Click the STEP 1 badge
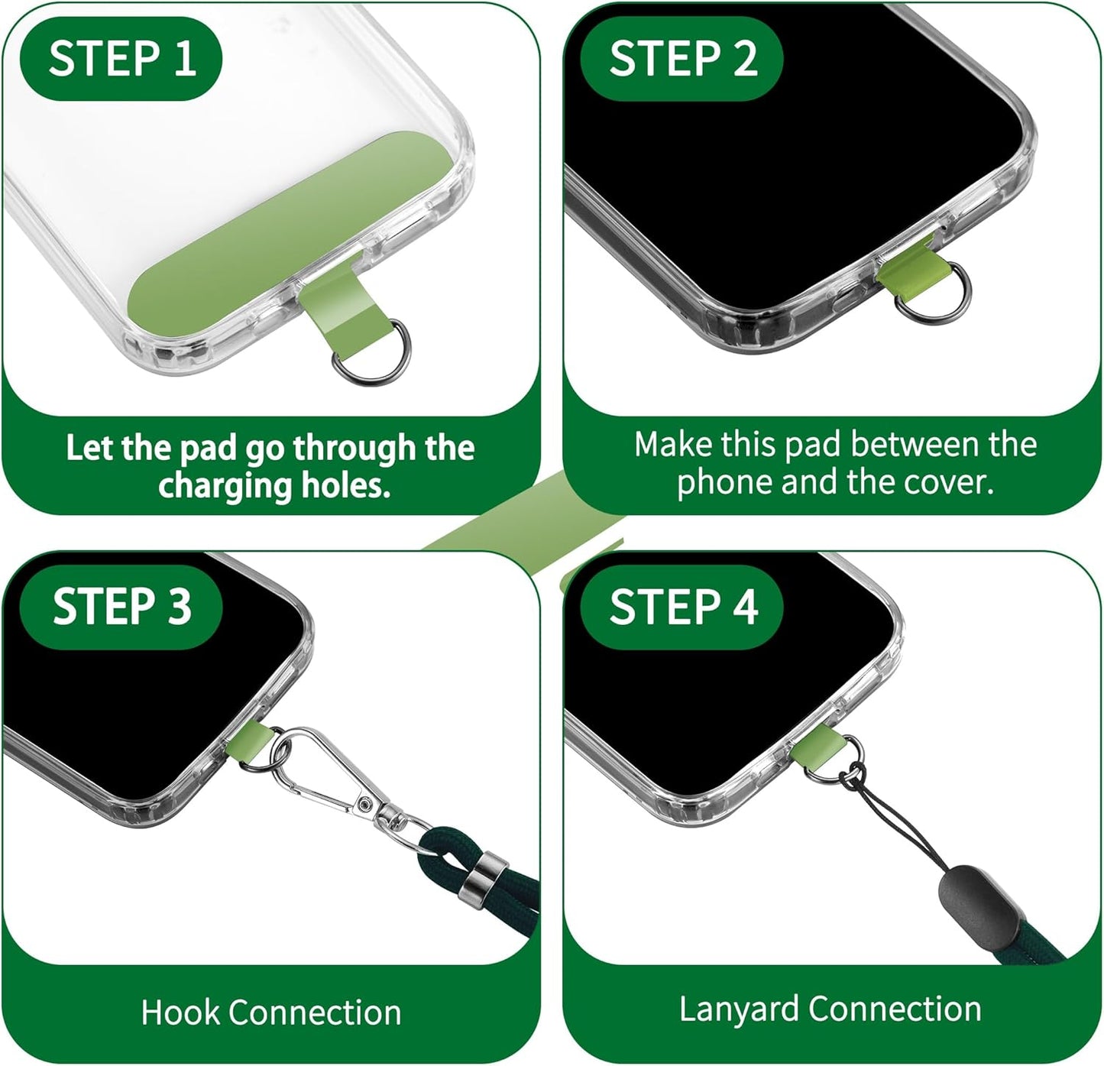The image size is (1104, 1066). pos(121,59)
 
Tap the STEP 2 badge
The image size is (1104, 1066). pos(682,59)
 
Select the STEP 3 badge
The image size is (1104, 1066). pos(121,607)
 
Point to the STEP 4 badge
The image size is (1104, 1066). pos(682,607)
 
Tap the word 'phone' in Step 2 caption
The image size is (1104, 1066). pos(724,482)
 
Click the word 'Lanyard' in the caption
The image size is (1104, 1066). pos(739,1009)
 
